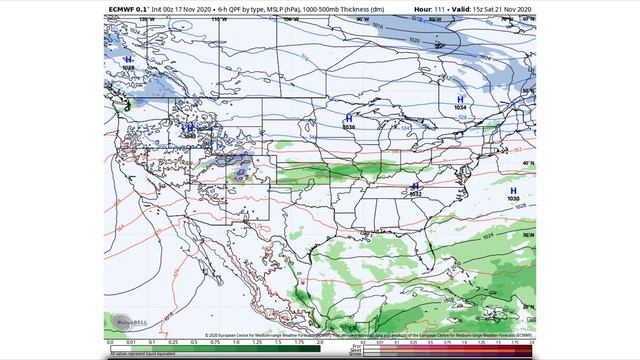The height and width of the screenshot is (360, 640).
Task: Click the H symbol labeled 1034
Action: (x=460, y=100)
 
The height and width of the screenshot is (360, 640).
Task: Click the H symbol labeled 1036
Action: (x=348, y=118)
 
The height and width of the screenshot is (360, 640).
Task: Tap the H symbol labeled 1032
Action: (x=415, y=186)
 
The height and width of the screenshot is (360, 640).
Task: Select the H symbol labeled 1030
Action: (x=513, y=190)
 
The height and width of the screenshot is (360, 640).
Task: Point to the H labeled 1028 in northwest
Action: (x=128, y=60)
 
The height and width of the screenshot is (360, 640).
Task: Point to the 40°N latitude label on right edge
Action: (x=529, y=163)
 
